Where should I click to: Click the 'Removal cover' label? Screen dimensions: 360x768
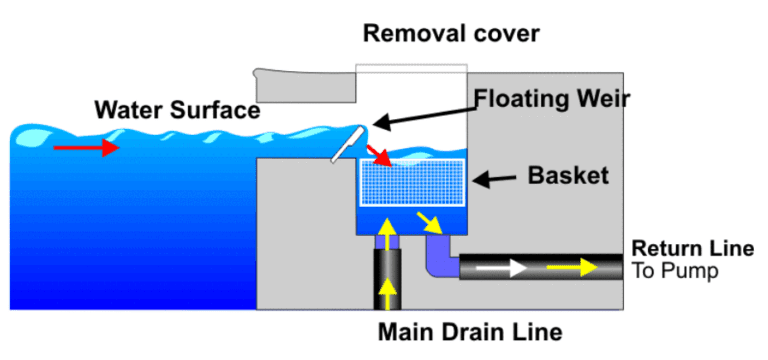[451, 34]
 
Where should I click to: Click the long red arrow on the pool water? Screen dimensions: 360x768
[84, 148]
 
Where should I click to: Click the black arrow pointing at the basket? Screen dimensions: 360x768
[494, 180]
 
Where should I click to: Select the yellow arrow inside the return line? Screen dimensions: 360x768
[581, 267]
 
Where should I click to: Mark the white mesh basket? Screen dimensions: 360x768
[412, 185]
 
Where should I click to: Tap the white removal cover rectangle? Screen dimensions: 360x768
[411, 80]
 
